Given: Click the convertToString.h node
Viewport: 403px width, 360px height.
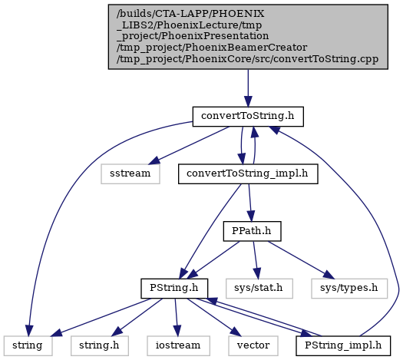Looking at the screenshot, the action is (x=248, y=117).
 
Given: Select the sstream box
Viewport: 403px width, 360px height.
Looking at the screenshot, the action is (x=130, y=173).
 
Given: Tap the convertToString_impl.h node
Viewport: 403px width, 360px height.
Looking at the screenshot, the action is (x=248, y=173).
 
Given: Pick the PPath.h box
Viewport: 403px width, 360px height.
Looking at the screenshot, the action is (x=252, y=231).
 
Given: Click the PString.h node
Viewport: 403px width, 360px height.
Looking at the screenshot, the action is (x=174, y=289).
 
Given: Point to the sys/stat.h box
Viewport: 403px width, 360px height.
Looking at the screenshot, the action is (x=259, y=289).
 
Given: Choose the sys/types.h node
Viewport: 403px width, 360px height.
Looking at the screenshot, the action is (x=349, y=289).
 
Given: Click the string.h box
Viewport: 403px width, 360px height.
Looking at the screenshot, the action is (x=100, y=346).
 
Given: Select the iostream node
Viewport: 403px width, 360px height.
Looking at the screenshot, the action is (x=178, y=346).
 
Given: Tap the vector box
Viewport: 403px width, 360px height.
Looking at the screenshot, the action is (x=253, y=346).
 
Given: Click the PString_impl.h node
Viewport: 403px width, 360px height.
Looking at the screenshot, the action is (x=343, y=346).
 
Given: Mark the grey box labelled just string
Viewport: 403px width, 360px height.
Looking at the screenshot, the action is (x=28, y=346).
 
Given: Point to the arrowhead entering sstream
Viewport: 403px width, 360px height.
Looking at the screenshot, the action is (x=154, y=160).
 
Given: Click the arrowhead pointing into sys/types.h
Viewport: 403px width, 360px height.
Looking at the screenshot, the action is (x=329, y=275).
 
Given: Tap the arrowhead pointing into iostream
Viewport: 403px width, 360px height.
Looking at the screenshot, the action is (x=177, y=331).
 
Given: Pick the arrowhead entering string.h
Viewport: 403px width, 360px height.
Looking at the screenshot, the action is (x=117, y=332).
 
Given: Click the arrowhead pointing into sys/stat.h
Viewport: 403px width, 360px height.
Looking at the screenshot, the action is (x=256, y=273).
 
